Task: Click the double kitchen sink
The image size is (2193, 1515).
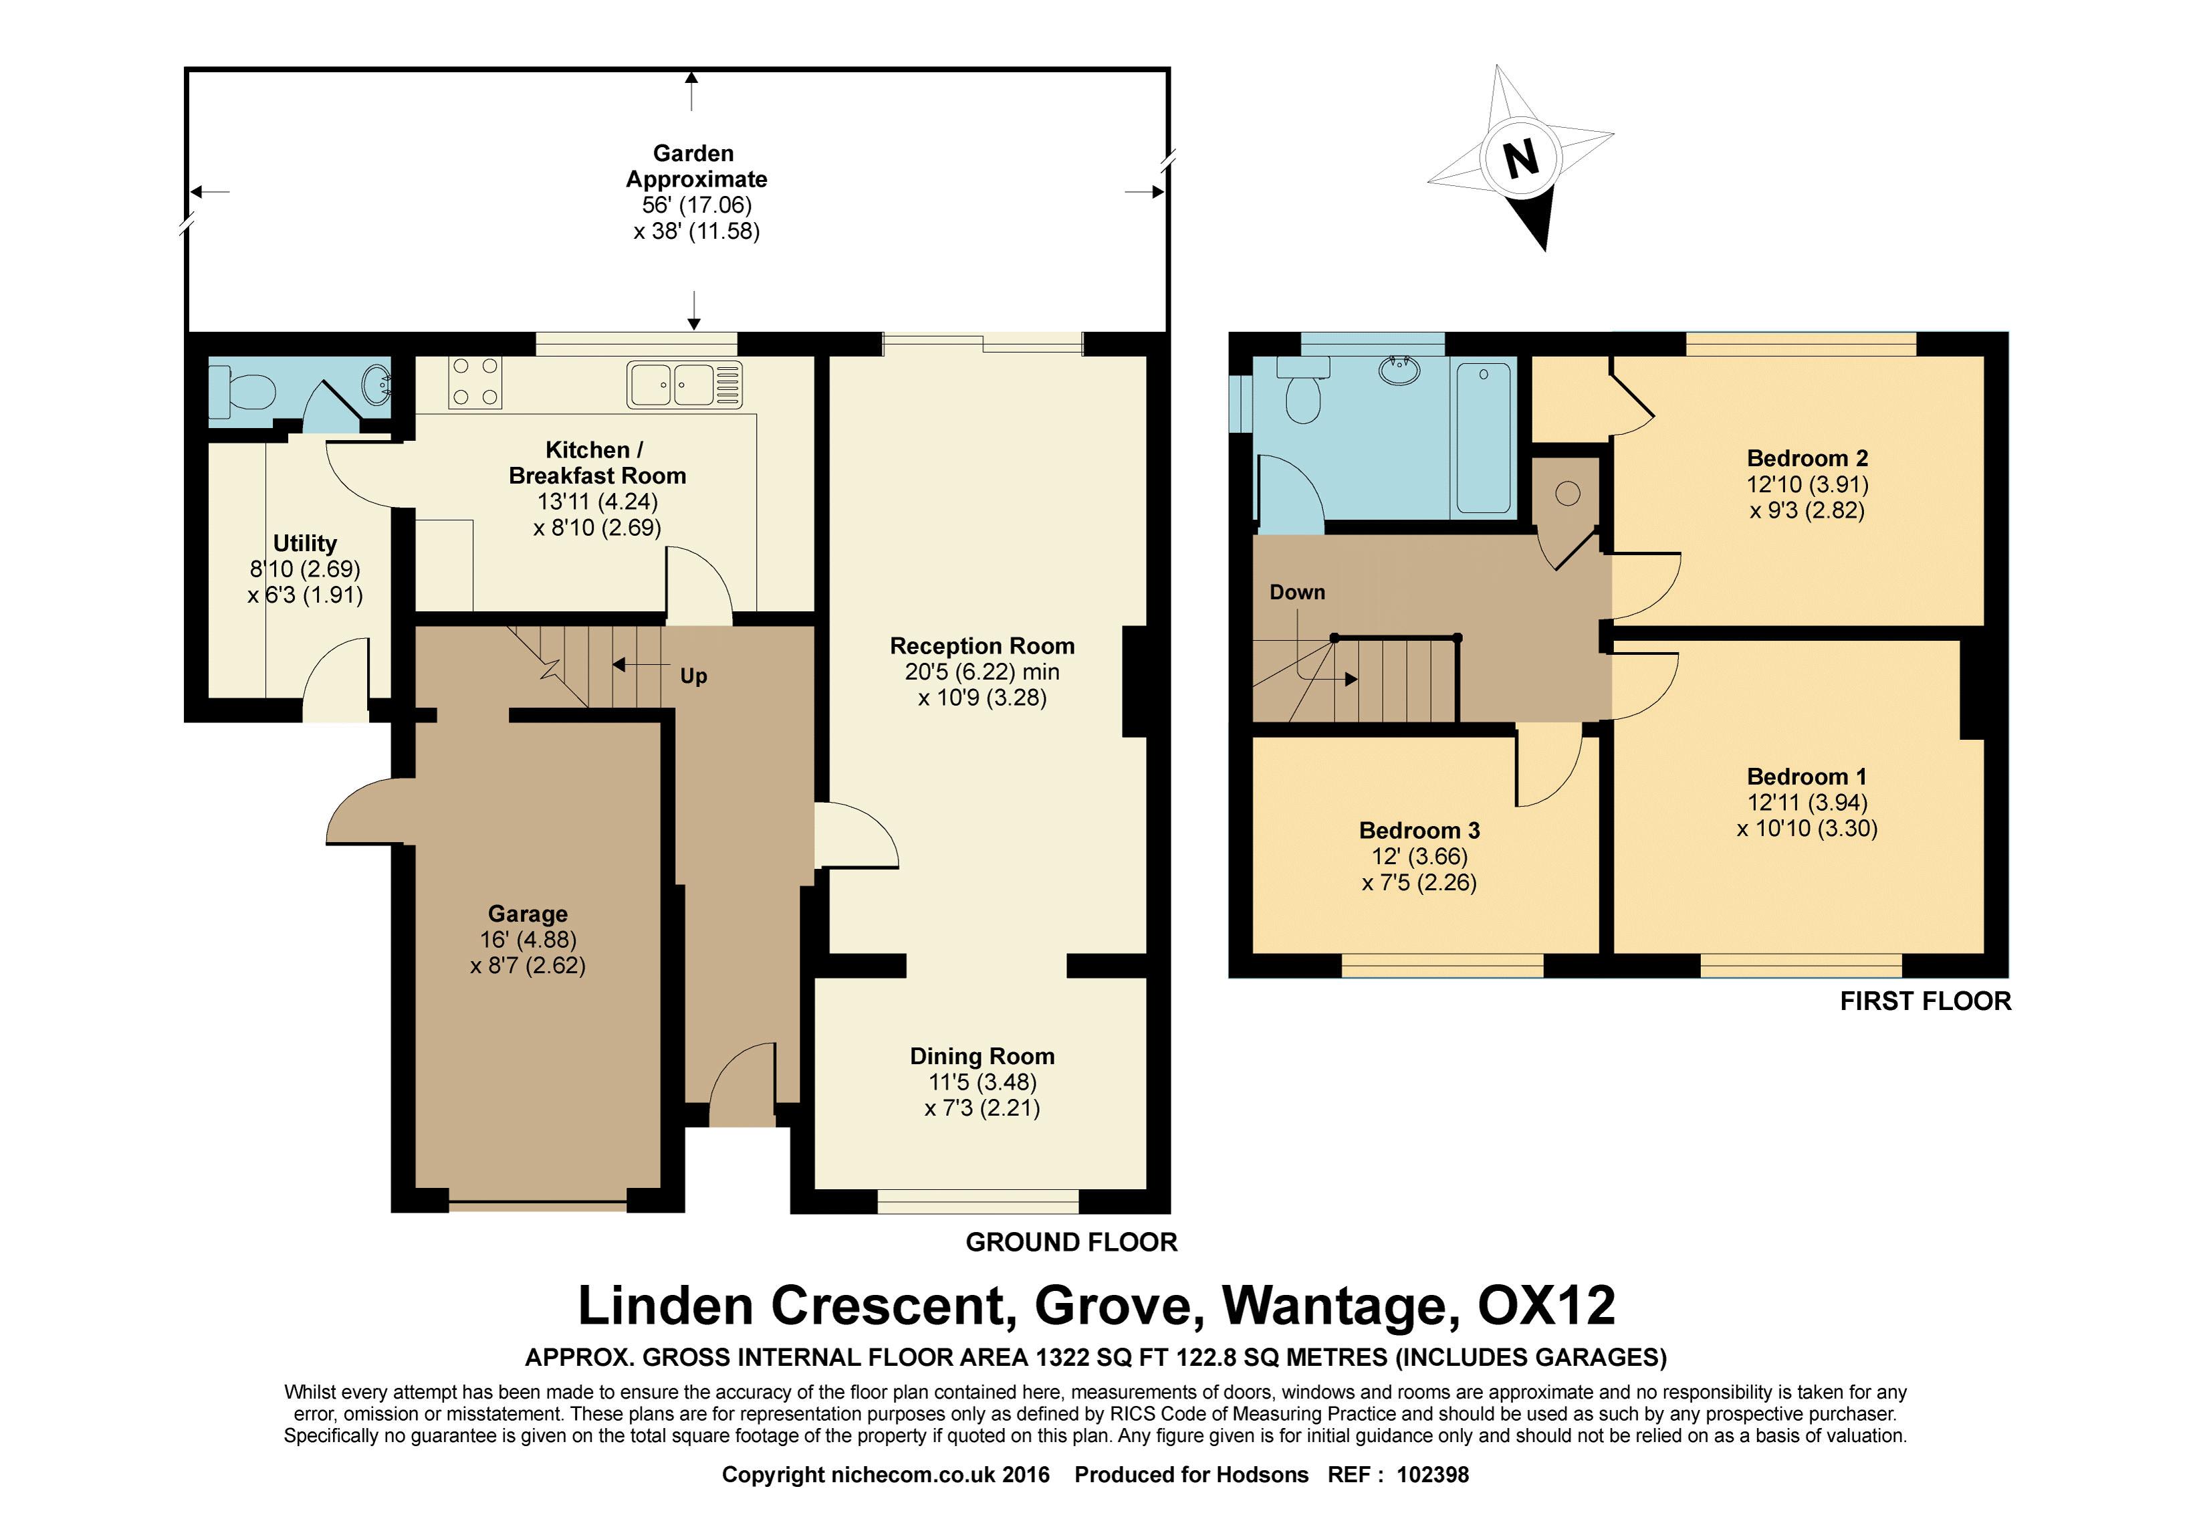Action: pyautogui.click(x=684, y=385)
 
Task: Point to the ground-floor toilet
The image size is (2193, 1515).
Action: pyautogui.click(x=243, y=389)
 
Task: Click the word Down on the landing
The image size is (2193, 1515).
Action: pyautogui.click(x=1297, y=593)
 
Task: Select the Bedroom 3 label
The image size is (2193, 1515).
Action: pyautogui.click(x=1419, y=831)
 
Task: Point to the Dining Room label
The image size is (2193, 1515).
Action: pyautogui.click(x=982, y=1057)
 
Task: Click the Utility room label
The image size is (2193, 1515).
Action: pyautogui.click(x=305, y=543)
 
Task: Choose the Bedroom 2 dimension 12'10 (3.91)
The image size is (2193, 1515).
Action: pyautogui.click(x=1808, y=484)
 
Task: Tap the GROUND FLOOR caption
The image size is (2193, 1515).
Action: pyautogui.click(x=1071, y=1243)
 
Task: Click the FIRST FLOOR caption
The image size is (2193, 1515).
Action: pyautogui.click(x=1926, y=1001)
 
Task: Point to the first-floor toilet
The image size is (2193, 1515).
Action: pyautogui.click(x=1302, y=391)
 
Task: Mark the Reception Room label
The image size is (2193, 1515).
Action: pyautogui.click(x=982, y=646)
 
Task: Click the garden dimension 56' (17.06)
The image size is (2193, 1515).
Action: pyautogui.click(x=697, y=205)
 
